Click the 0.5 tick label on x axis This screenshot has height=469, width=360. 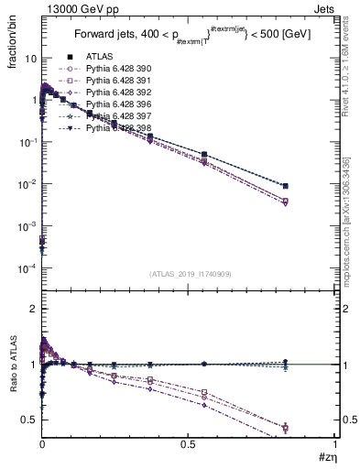188,444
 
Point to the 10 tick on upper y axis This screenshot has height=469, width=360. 29,58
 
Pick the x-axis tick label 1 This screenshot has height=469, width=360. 334,444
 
